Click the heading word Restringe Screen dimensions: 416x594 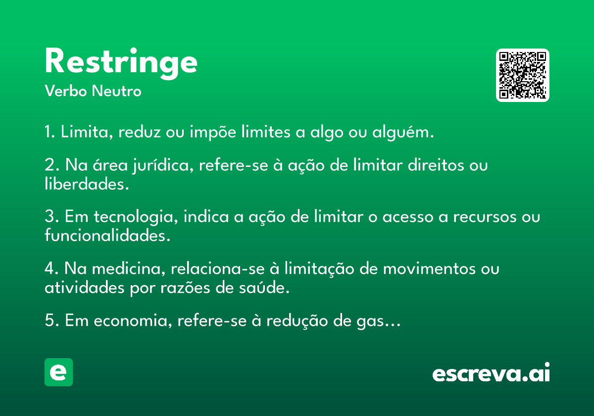coord(121,62)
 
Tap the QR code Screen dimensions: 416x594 coord(523,75)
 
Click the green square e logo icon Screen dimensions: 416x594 coord(58,372)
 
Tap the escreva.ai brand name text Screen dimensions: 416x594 coord(491,373)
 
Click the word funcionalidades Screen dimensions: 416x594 coord(107,236)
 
